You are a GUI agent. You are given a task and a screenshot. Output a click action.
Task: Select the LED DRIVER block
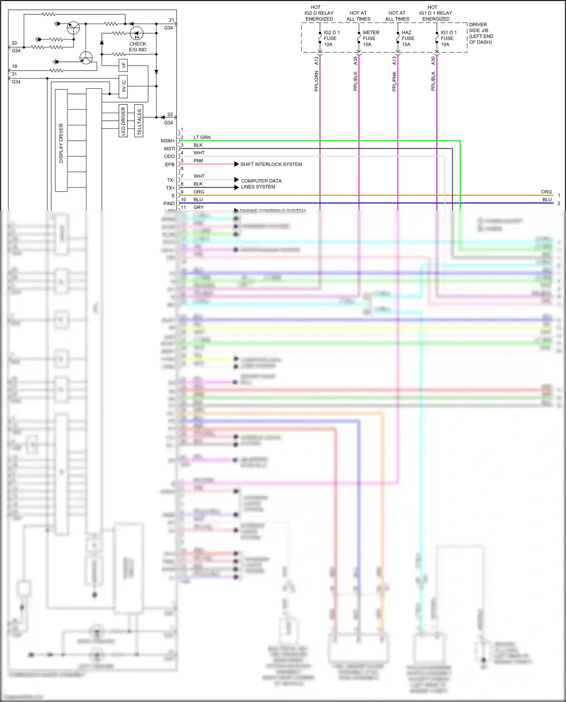click(x=123, y=121)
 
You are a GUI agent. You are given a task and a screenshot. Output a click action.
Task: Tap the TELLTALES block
click(x=139, y=121)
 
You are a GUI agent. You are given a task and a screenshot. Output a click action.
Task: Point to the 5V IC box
click(x=123, y=86)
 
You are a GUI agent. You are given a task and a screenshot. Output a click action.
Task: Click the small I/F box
click(x=123, y=65)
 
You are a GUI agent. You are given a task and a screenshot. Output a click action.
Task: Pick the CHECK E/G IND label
click(x=137, y=47)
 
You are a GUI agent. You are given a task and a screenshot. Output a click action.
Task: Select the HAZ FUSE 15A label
click(x=408, y=38)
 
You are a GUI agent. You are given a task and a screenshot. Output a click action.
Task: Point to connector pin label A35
click(x=355, y=60)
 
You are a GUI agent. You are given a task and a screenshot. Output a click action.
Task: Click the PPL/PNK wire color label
click(x=394, y=81)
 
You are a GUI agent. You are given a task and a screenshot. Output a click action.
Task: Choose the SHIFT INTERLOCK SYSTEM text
click(x=271, y=164)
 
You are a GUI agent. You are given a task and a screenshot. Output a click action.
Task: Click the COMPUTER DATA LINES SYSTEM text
click(x=261, y=184)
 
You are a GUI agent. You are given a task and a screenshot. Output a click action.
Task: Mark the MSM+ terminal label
click(x=168, y=141)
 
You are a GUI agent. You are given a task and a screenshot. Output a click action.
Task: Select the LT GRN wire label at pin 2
click(x=202, y=137)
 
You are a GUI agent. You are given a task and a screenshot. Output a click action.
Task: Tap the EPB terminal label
click(x=170, y=164)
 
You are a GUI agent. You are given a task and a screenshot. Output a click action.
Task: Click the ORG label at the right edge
click(x=546, y=192)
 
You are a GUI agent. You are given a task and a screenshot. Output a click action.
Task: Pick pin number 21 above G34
click(x=171, y=20)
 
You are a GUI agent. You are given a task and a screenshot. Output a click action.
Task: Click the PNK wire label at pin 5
click(x=198, y=161)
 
